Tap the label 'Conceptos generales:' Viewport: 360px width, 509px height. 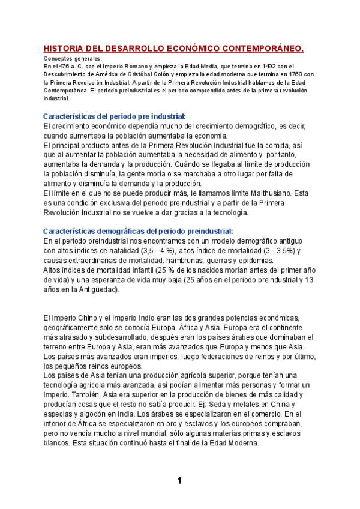(73, 58)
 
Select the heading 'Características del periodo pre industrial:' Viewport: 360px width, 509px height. (115, 116)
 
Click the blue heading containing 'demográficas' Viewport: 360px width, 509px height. (138, 231)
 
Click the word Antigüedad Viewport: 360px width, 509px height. (94, 289)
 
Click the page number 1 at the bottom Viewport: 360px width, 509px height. (179, 480)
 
